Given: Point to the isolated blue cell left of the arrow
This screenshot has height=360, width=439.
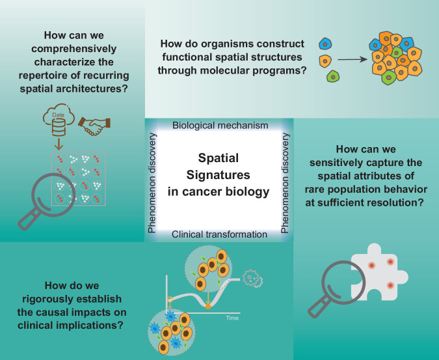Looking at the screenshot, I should point(325,46).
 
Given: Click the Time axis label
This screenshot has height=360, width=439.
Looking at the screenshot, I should point(232,318).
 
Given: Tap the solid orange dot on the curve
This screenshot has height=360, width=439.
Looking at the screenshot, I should point(207,305).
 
